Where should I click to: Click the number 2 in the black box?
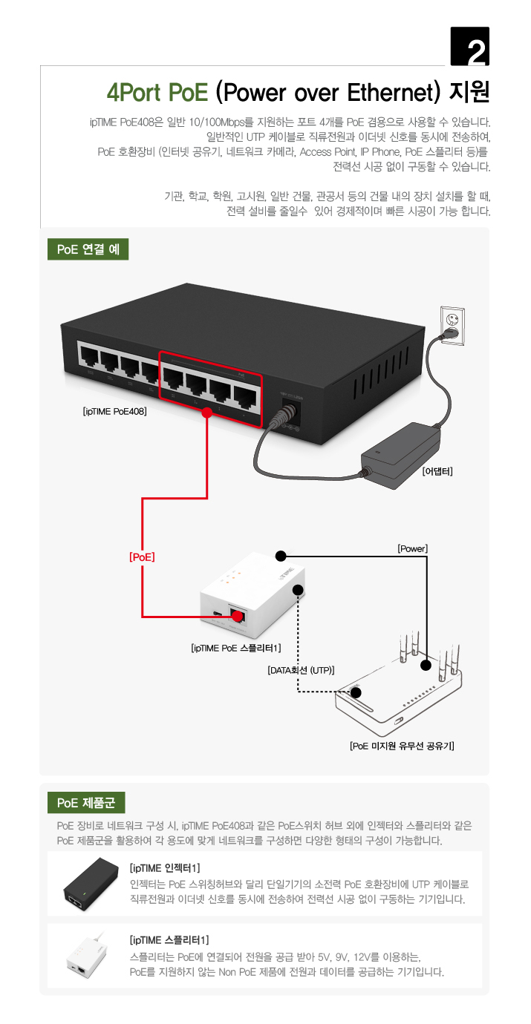point(470,49)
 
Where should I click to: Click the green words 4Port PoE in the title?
point(157,93)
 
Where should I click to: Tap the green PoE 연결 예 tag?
point(88,249)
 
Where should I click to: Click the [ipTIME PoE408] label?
point(115,410)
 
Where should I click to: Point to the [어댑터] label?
point(437,471)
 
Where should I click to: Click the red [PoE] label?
point(142,556)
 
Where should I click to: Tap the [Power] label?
point(413,548)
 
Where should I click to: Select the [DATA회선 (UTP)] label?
point(301,669)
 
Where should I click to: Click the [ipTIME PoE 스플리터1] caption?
point(236,648)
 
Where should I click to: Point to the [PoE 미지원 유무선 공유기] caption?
point(402,746)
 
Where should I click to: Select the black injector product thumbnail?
point(86,884)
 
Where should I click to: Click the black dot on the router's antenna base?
point(425,665)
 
